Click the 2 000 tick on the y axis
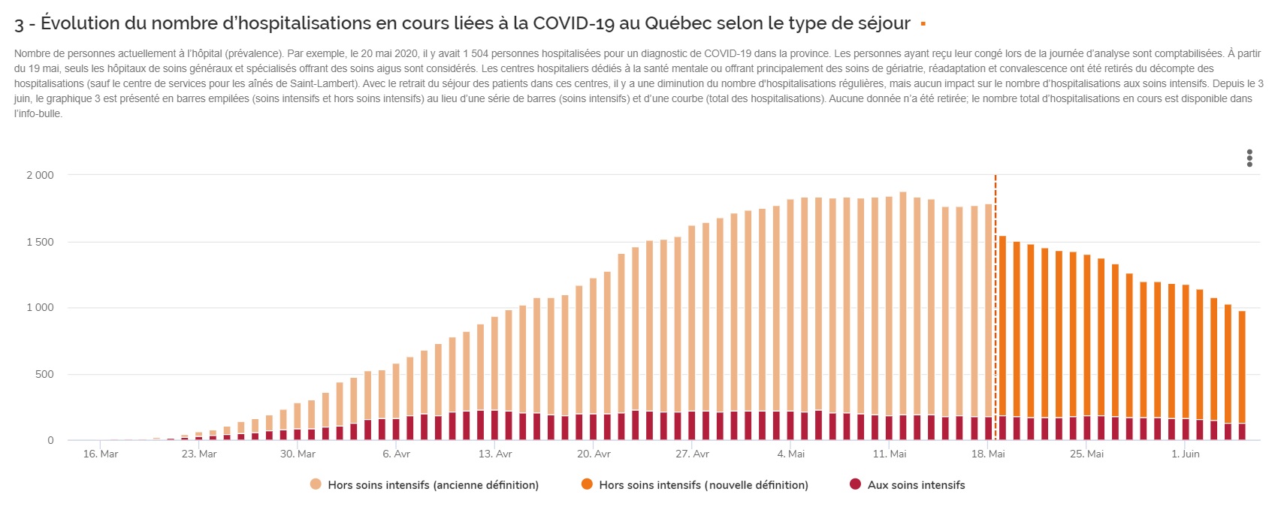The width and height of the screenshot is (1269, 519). tap(40, 175)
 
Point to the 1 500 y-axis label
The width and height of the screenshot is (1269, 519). tap(40, 242)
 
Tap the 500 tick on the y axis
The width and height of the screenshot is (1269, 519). tap(44, 374)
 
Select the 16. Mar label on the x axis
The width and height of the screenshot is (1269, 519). tap(100, 454)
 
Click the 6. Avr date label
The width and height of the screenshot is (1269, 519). tap(396, 454)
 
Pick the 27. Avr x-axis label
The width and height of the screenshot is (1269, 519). tap(692, 454)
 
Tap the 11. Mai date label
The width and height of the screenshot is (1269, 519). tap(890, 454)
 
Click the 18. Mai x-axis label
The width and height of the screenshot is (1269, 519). tap(988, 454)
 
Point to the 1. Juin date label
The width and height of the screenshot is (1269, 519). tap(1186, 454)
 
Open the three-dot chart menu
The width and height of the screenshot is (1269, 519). tap(1249, 158)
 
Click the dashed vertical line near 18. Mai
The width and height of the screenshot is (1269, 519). tap(996, 300)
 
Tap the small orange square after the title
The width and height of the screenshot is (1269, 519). tap(923, 24)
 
